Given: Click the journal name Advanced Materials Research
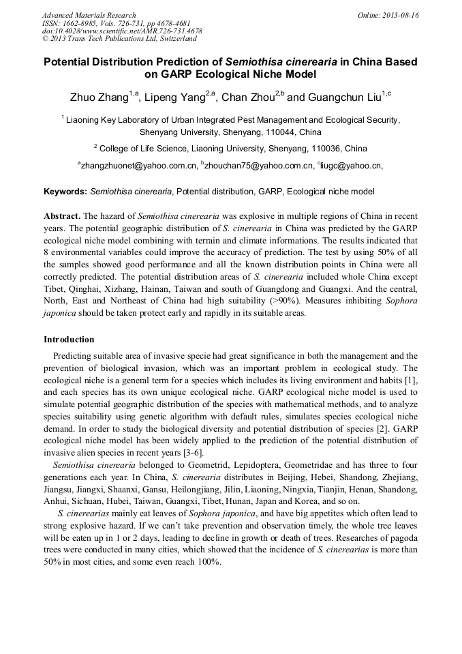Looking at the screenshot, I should coord(89,15).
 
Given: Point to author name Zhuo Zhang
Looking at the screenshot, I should coord(99,98).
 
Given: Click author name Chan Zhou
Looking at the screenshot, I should coord(248,98).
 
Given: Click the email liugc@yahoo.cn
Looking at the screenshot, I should coord(350,165).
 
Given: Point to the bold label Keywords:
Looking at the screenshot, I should coord(65,192).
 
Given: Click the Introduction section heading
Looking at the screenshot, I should coord(70,339).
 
